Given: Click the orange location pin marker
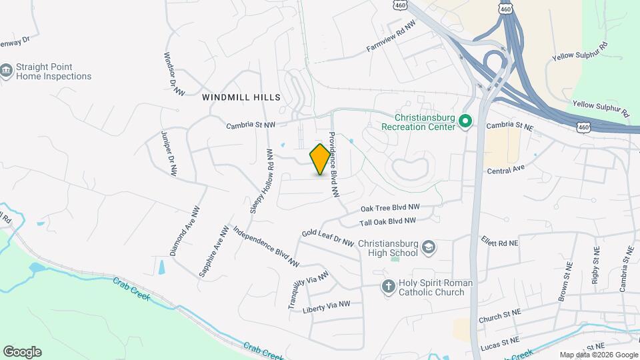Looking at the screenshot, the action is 320,159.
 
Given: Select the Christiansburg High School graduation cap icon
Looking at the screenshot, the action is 429,248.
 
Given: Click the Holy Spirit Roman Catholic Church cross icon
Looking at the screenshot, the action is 388,287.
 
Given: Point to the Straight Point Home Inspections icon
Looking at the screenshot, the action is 7,71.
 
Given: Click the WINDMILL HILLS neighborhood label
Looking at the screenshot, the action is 241,97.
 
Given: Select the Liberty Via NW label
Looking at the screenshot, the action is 326,307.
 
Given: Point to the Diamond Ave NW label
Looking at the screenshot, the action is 185,230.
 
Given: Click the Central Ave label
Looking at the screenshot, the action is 507,171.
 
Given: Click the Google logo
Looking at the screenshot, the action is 22,352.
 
